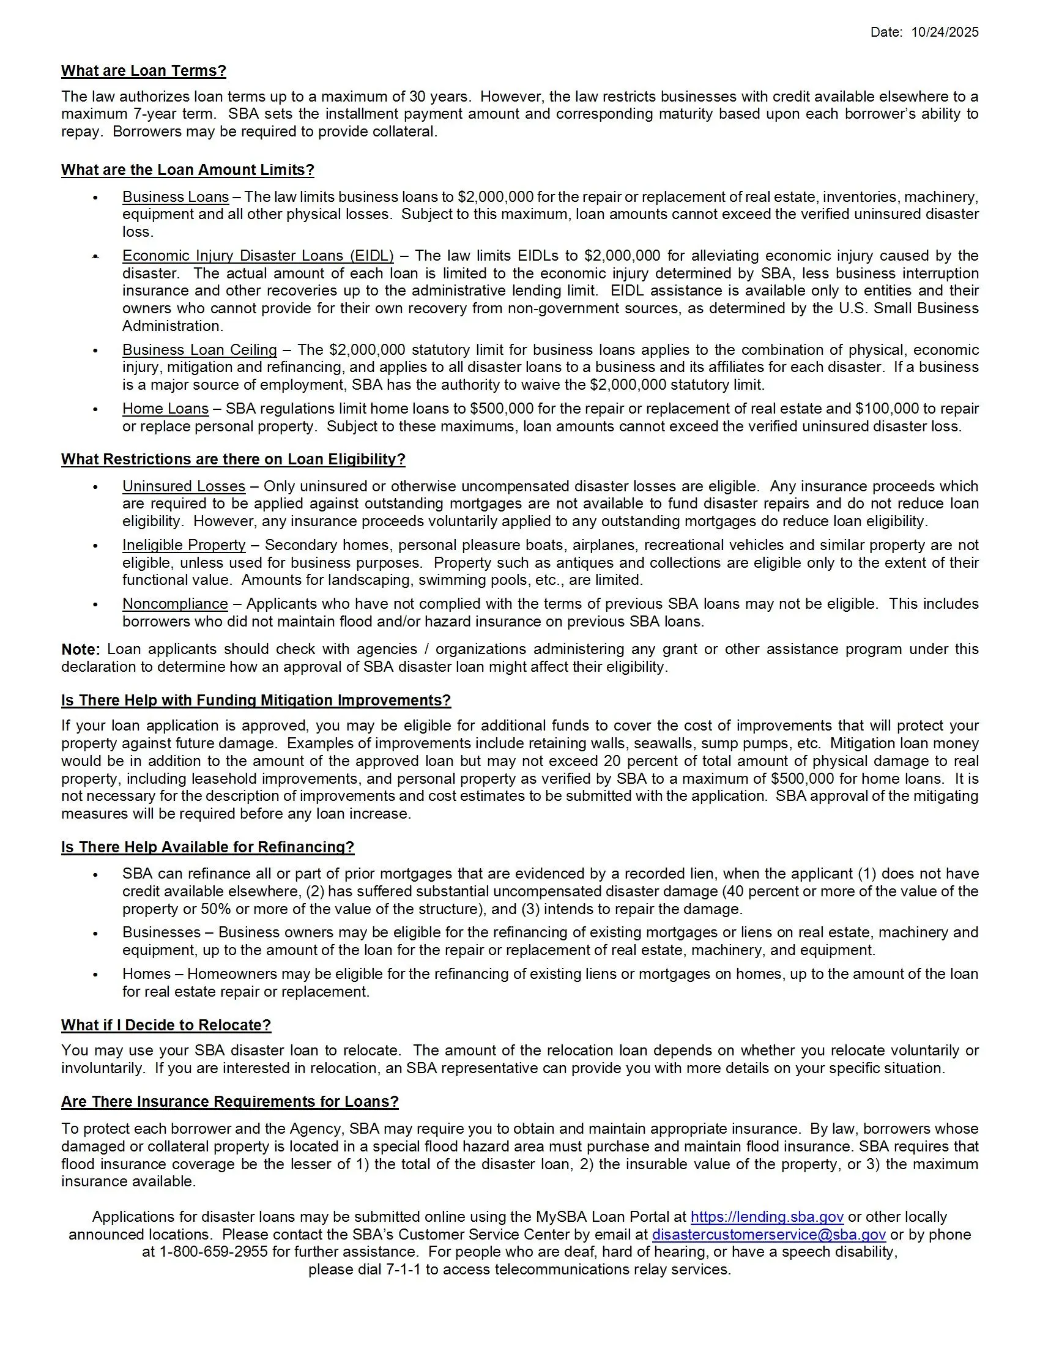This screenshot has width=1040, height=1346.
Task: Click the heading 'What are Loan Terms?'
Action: pyautogui.click(x=144, y=71)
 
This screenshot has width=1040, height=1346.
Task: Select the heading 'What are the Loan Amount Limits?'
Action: pyautogui.click(x=187, y=170)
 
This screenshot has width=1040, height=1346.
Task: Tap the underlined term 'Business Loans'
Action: pyautogui.click(x=176, y=197)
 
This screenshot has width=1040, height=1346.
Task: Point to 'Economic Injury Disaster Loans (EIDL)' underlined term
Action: pyautogui.click(x=258, y=256)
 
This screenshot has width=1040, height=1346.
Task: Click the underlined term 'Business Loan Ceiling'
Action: pyautogui.click(x=199, y=350)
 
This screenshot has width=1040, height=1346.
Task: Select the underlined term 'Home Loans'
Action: pyautogui.click(x=165, y=409)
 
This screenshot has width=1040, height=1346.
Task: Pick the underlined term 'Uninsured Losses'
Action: pyautogui.click(x=184, y=486)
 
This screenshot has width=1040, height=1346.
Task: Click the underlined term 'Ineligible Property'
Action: pyautogui.click(x=184, y=545)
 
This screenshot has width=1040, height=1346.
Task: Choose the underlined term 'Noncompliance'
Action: pyautogui.click(x=175, y=604)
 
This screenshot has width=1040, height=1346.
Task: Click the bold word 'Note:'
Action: pyautogui.click(x=80, y=650)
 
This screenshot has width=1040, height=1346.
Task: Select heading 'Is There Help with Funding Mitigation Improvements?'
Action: pyautogui.click(x=256, y=701)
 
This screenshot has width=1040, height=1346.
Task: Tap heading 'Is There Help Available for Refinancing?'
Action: pyautogui.click(x=207, y=847)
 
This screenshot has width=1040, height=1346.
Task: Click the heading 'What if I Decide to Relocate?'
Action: pyautogui.click(x=166, y=1025)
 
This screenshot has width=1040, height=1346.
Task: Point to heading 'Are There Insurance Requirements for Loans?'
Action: pyautogui.click(x=230, y=1102)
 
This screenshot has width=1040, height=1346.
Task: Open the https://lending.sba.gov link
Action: pyautogui.click(x=767, y=1217)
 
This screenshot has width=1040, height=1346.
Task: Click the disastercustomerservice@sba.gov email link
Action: pyautogui.click(x=768, y=1235)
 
